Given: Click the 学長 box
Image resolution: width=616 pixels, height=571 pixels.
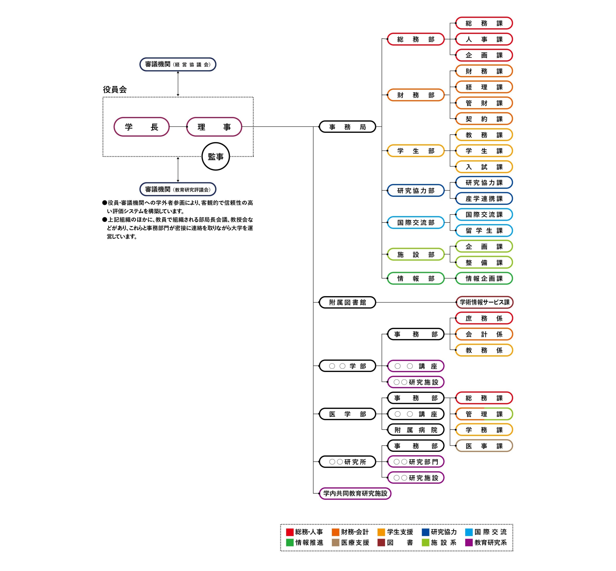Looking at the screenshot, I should pyautogui.click(x=141, y=127).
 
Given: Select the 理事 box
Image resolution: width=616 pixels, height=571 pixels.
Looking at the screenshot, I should pyautogui.click(x=214, y=127).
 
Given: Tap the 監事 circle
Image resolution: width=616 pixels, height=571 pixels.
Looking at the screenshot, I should pyautogui.click(x=216, y=156).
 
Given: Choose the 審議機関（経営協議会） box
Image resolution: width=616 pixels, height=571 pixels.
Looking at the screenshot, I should pyautogui.click(x=178, y=64).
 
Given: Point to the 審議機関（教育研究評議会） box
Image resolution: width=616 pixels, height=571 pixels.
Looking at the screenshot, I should pyautogui.click(x=178, y=189).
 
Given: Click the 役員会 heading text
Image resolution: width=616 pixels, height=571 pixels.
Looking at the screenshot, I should pyautogui.click(x=115, y=90).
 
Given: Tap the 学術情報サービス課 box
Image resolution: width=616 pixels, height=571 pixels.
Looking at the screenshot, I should pyautogui.click(x=484, y=302).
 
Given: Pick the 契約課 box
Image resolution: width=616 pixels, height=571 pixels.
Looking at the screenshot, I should pyautogui.click(x=484, y=119).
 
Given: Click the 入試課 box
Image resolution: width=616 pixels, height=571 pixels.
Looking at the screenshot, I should pyautogui.click(x=484, y=167).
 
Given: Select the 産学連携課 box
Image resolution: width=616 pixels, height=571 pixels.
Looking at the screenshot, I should pyautogui.click(x=484, y=199).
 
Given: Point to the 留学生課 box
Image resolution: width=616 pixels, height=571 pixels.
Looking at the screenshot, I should pyautogui.click(x=484, y=231).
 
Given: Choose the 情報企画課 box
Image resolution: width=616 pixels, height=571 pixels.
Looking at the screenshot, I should pyautogui.click(x=484, y=278).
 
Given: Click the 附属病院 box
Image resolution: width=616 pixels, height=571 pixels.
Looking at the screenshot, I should pyautogui.click(x=416, y=430).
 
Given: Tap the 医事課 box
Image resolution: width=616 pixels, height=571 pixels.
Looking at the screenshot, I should pyautogui.click(x=484, y=446).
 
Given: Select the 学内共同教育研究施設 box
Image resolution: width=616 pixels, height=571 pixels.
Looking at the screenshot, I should pyautogui.click(x=355, y=493).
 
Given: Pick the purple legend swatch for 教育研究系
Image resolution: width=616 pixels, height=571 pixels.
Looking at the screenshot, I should pyautogui.click(x=469, y=543).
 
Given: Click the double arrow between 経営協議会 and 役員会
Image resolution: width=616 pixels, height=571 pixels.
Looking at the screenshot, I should pyautogui.click(x=178, y=84).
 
